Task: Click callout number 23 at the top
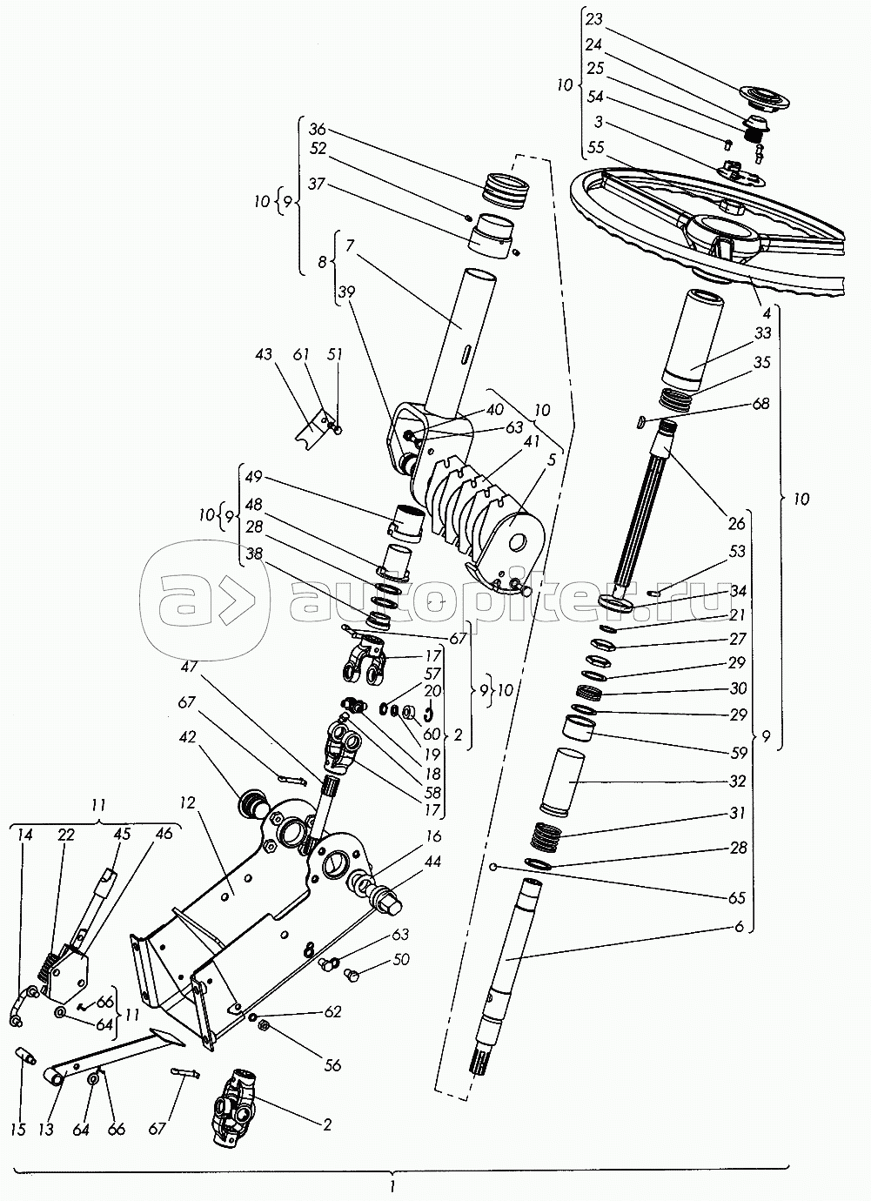pyautogui.click(x=594, y=20)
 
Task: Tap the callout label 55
pyautogui.click(x=595, y=148)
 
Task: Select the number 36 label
pyautogui.click(x=318, y=129)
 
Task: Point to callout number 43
pyautogui.click(x=264, y=354)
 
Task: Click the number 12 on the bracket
pyautogui.click(x=188, y=802)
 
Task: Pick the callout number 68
pyautogui.click(x=760, y=404)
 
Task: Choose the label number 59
pyautogui.click(x=739, y=754)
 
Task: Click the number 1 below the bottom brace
pyautogui.click(x=392, y=1188)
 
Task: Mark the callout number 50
pyautogui.click(x=401, y=959)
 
